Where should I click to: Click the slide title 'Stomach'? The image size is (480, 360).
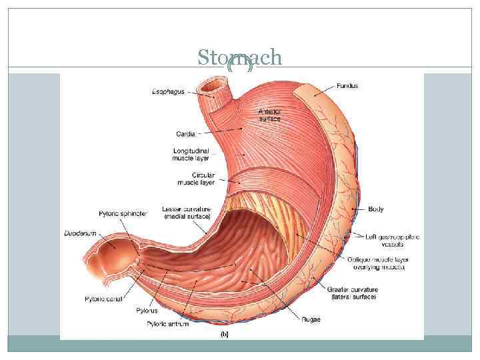[x=239, y=58]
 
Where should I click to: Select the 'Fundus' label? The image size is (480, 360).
[x=347, y=86]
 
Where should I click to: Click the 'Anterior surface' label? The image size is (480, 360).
[x=269, y=115]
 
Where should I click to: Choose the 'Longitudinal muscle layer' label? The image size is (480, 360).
[x=191, y=155]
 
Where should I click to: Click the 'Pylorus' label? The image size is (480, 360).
[x=159, y=311]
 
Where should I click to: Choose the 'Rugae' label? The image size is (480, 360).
[x=310, y=319]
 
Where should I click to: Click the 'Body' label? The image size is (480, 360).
[x=376, y=209]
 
